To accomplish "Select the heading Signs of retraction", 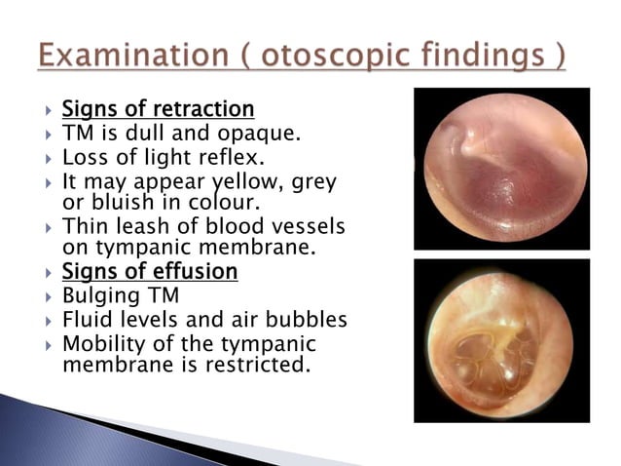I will pyautogui.click(x=159, y=108).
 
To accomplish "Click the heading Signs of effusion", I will pyautogui.click(x=150, y=271).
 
